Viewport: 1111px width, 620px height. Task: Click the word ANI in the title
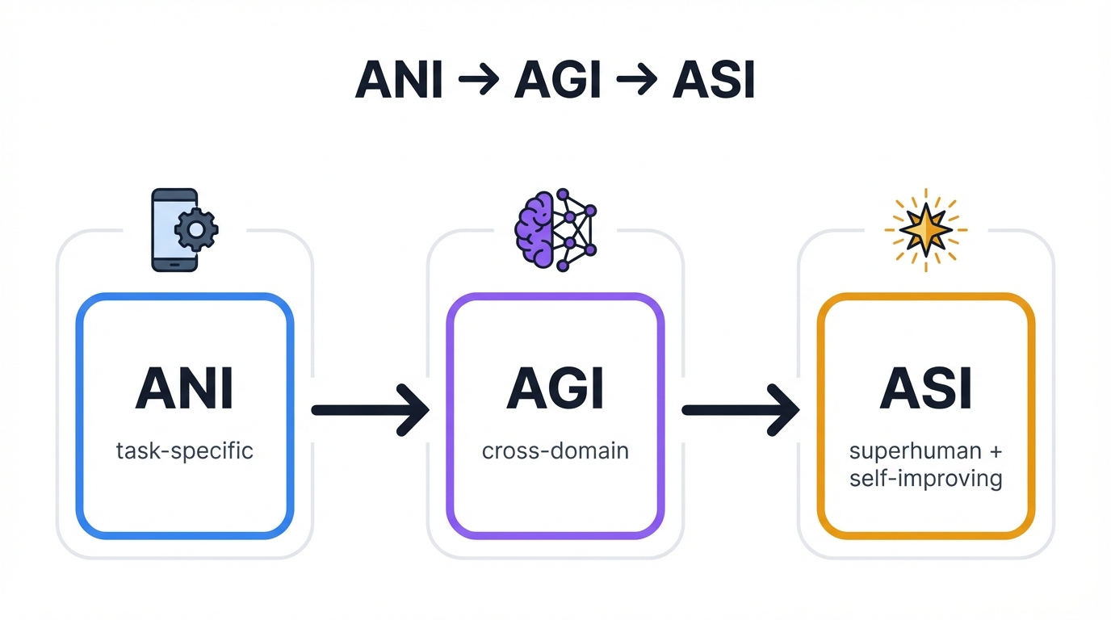[399, 81]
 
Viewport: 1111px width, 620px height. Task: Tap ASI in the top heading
[713, 81]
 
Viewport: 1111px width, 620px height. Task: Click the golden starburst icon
[925, 230]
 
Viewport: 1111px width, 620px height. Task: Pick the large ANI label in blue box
[185, 388]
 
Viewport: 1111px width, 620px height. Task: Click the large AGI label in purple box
[555, 388]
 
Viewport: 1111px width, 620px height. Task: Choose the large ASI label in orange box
[925, 388]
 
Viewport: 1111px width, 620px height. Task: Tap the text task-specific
[185, 450]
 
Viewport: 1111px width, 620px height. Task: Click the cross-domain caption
[555, 450]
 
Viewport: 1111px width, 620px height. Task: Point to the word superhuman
[915, 450]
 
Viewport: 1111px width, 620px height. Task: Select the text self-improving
[925, 478]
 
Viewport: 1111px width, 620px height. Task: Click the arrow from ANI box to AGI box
[370, 410]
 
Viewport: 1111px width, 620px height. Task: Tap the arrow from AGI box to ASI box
[740, 410]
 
